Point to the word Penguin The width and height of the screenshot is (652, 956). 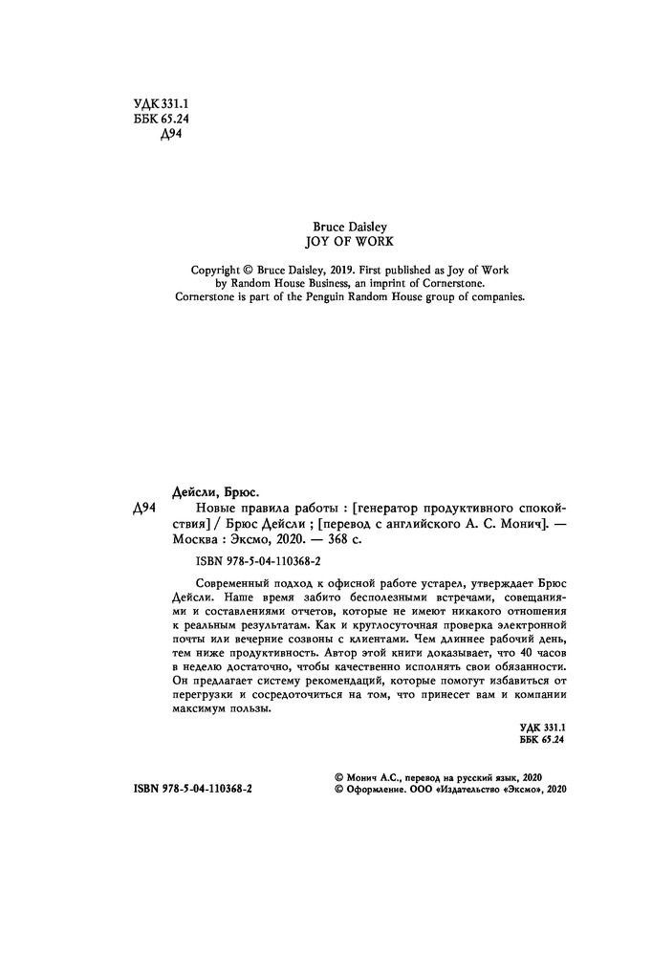[337, 296]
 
